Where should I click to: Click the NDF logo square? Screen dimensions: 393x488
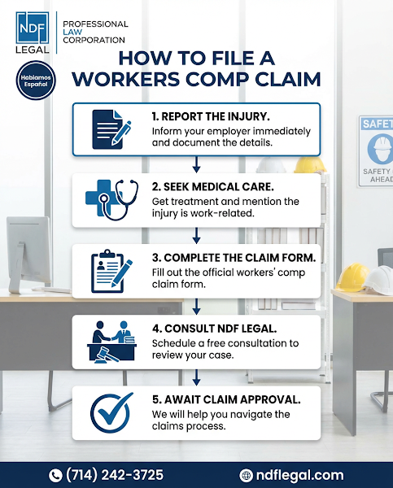tap(33, 28)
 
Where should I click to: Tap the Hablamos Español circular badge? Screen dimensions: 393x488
tap(36, 81)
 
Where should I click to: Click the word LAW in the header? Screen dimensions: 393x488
tap(72, 32)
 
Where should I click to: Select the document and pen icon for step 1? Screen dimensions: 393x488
tap(111, 129)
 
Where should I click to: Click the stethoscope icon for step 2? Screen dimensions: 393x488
tap(111, 199)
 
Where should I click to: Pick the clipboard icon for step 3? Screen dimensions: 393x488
tap(111, 271)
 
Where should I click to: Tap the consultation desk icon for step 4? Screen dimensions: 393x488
tap(111, 342)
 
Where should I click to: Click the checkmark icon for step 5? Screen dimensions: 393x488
tap(111, 412)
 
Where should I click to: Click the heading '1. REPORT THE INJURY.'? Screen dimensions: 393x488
tap(211, 116)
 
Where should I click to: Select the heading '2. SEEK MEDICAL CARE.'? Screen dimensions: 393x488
tap(213, 187)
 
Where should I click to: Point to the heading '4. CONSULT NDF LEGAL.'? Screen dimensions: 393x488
tap(215, 329)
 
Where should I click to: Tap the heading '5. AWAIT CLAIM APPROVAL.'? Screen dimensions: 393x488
tap(226, 399)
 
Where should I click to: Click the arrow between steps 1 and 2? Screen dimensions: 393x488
tap(196, 164)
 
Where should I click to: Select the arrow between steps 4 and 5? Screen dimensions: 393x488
tap(196, 377)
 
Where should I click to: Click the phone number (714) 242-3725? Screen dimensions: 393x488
tap(115, 475)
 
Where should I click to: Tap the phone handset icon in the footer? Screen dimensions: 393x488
tap(55, 476)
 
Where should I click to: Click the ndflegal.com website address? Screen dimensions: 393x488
tap(299, 475)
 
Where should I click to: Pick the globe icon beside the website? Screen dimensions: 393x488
tap(246, 476)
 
